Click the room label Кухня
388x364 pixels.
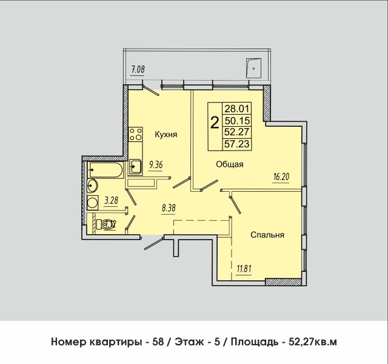(x=165, y=135)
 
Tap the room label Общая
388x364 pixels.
(x=229, y=164)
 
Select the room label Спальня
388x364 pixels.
(x=267, y=234)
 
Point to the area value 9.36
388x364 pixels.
(x=156, y=163)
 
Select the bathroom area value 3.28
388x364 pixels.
(x=110, y=200)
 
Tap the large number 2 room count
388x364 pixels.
(x=214, y=123)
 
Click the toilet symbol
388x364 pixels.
(x=109, y=224)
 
